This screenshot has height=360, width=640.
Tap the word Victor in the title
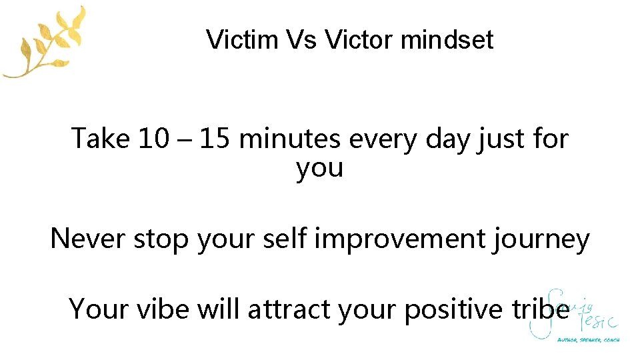[359, 40]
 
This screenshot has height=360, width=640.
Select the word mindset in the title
[447, 40]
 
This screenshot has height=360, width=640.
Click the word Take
[101, 139]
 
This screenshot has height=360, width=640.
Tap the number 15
[215, 139]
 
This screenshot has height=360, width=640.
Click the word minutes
[291, 139]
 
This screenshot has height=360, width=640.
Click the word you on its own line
[320, 169]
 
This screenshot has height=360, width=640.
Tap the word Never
[88, 238]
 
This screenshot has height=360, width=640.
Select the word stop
[161, 239]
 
